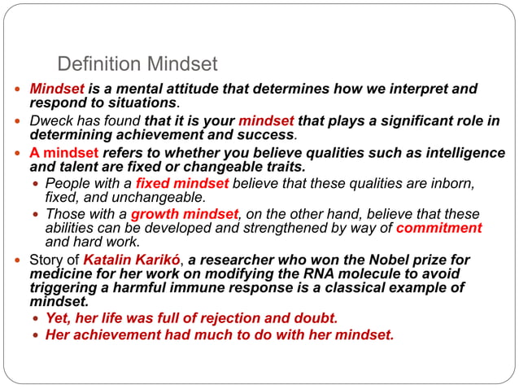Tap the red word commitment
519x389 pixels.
[x=438, y=228]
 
